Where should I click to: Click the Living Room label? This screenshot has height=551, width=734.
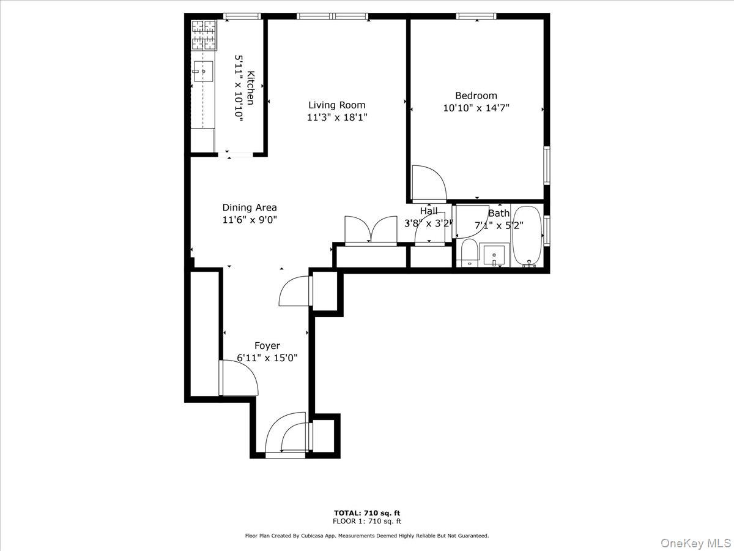point(336,105)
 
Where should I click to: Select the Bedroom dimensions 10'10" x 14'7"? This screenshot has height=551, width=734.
point(476,108)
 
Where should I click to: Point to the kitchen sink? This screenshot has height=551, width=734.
point(203,71)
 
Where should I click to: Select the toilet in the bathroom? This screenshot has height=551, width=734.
point(469,252)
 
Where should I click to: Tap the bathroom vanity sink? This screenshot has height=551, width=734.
point(494,255)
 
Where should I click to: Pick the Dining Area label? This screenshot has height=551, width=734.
point(249,208)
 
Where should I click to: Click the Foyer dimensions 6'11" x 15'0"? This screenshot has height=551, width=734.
point(267,358)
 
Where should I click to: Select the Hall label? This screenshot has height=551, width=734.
point(428,211)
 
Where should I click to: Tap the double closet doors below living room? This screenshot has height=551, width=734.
point(370,231)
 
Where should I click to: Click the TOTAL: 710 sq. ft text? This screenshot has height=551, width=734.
point(367,513)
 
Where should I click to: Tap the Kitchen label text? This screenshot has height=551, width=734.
point(250,88)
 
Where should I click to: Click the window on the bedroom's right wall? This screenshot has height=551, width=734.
point(547,165)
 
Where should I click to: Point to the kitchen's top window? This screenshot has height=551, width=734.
point(242,17)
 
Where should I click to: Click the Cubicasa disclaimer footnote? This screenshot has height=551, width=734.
point(367,536)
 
